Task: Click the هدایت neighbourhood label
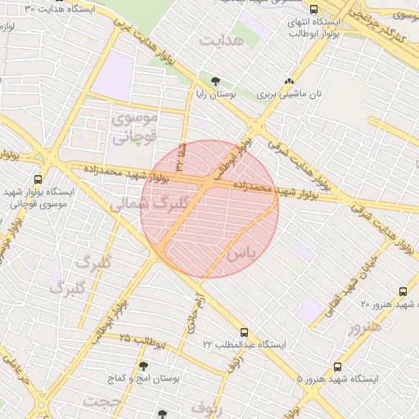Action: [x=222, y=40]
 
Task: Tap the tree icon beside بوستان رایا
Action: [x=215, y=80]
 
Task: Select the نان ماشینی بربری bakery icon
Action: [x=288, y=81]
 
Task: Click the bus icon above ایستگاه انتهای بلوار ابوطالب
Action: [x=314, y=9]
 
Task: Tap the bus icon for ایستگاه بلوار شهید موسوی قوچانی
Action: [x=38, y=180]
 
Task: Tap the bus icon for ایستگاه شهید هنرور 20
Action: [x=403, y=291]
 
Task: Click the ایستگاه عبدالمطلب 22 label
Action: [x=245, y=345]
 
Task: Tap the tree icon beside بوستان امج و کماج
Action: [x=144, y=366]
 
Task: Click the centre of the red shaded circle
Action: [x=209, y=209]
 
